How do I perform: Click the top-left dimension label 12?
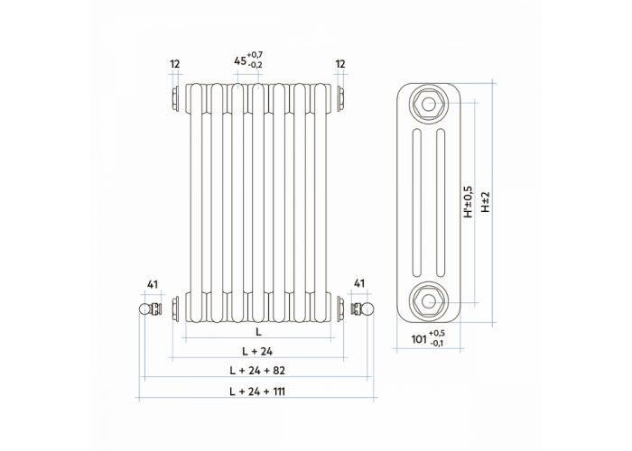pos(175,64)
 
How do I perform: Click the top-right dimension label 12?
pos(340,64)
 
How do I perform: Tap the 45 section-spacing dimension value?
pos(240,61)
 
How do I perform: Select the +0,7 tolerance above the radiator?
pos(256,55)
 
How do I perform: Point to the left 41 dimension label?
pos(153,285)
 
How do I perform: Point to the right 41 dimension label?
pos(359,283)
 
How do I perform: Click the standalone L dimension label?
pos(258,332)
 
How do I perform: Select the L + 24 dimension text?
pos(257,352)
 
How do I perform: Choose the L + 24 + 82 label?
pos(257,371)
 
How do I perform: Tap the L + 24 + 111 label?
pos(257,391)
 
